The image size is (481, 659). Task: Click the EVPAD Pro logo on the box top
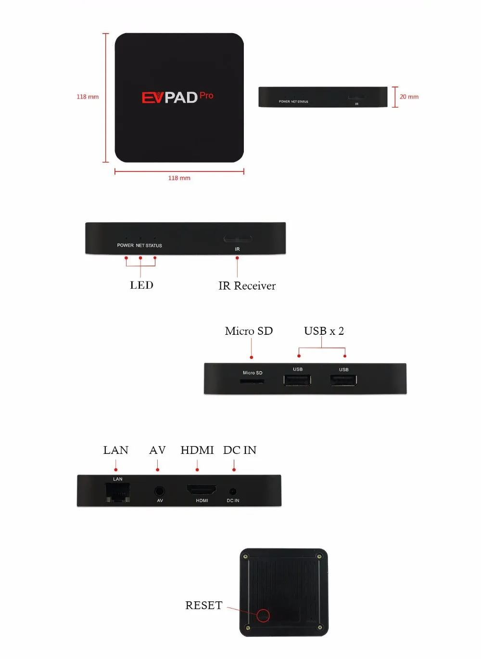[177, 97]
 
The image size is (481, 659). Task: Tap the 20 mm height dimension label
[409, 97]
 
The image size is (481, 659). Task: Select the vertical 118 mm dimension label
[88, 97]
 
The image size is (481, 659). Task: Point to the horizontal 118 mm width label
[179, 178]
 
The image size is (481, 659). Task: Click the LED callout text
[141, 285]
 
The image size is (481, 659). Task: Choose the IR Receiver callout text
[247, 286]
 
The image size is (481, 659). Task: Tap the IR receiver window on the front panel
[238, 239]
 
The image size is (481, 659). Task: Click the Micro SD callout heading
[249, 331]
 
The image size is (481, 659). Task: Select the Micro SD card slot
[252, 381]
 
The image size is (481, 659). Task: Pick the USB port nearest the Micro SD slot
[297, 380]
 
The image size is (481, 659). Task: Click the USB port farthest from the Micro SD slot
[343, 380]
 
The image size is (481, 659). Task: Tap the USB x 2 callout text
[324, 331]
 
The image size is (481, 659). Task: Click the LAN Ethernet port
[118, 492]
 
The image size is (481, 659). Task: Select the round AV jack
[159, 491]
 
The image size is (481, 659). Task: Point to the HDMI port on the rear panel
[202, 490]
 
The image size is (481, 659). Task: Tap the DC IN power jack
[233, 491]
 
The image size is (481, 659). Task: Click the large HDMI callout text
[197, 450]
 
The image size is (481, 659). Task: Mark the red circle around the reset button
[263, 615]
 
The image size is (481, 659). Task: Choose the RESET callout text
[204, 605]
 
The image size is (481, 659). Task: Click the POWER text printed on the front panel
[125, 245]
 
